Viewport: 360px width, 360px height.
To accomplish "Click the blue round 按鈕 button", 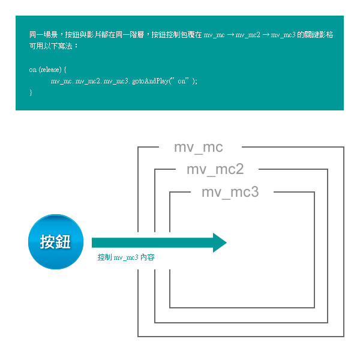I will [55, 242].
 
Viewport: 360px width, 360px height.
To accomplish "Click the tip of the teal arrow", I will [226, 242].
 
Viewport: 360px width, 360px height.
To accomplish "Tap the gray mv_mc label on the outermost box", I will [198, 148].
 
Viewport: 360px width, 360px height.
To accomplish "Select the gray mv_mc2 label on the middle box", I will [215, 170].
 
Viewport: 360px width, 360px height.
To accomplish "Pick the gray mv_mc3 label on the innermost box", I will [230, 192].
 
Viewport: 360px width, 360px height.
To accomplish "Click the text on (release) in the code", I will [44, 70].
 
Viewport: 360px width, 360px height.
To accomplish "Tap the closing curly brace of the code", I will [31, 92].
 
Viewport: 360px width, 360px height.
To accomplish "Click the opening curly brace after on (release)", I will [64, 70].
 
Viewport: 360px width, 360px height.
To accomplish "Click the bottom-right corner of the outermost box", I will [343, 336].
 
